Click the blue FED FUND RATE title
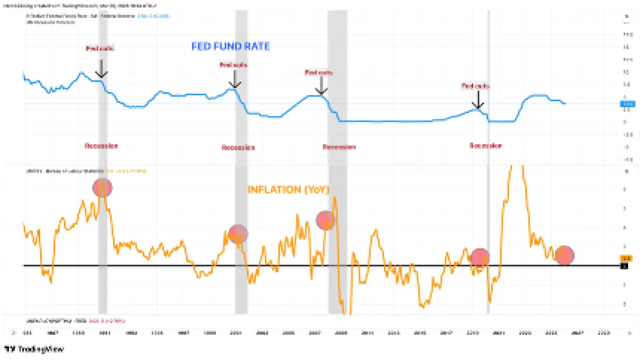[x=230, y=46]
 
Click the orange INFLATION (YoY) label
[x=288, y=190]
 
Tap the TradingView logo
[x=34, y=349]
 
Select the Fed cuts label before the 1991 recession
[x=100, y=48]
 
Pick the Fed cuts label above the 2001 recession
[x=233, y=65]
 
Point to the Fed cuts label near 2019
[x=475, y=86]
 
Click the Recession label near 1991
[x=101, y=146]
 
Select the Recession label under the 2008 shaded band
[x=339, y=147]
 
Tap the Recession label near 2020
[x=485, y=146]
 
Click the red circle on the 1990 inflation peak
[x=102, y=188]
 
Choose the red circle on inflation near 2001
[x=238, y=234]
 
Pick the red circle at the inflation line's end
[x=565, y=255]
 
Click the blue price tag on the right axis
[x=627, y=104]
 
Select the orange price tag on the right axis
[x=626, y=258]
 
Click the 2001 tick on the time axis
[x=236, y=333]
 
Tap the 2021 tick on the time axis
[x=499, y=333]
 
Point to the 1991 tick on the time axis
[x=105, y=333]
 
